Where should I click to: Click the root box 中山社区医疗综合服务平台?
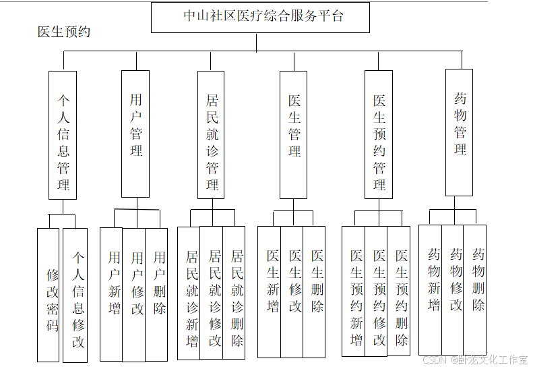(260, 18)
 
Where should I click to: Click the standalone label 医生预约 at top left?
(64, 32)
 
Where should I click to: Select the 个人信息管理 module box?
(63, 135)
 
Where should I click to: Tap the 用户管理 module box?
(135, 134)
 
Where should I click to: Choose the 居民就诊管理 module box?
(211, 135)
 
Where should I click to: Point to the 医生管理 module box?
(294, 135)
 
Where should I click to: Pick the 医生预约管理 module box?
(379, 135)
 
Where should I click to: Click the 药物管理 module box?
(459, 133)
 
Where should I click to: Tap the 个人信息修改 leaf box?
(75, 295)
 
